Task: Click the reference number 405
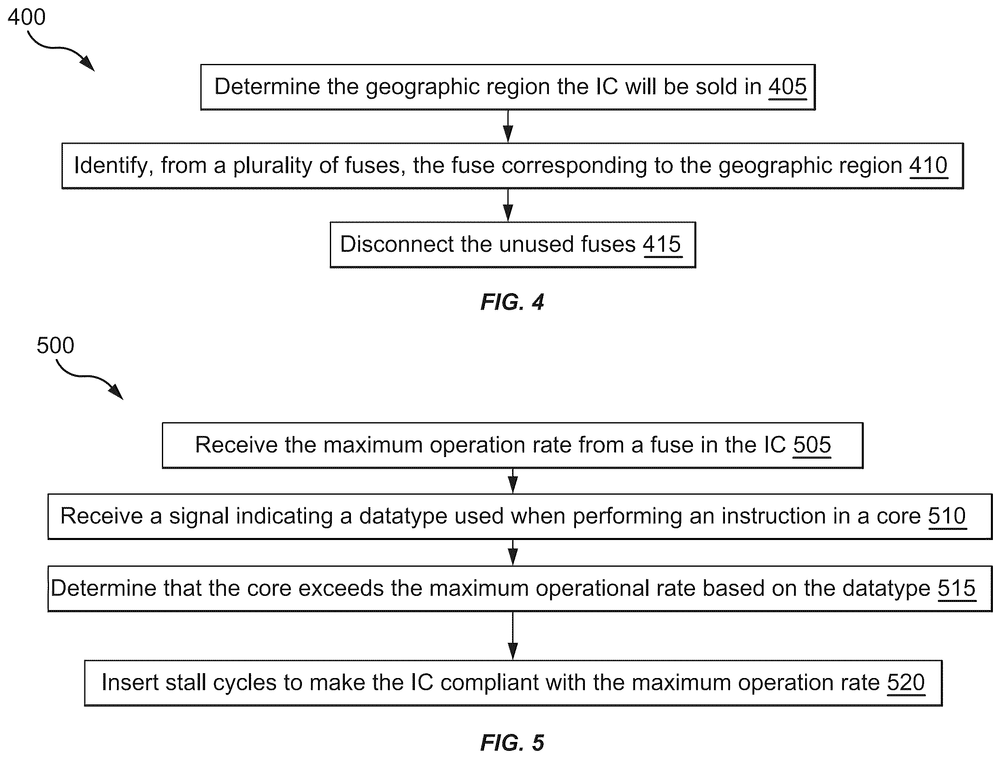(x=787, y=87)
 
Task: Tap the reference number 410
(x=929, y=165)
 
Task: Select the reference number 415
(x=662, y=244)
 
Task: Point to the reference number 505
(x=812, y=445)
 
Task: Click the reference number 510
(x=947, y=516)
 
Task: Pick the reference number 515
(x=956, y=588)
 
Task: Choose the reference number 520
(x=906, y=682)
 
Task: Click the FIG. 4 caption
(x=512, y=302)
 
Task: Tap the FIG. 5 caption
(x=512, y=743)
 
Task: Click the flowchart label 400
(x=27, y=17)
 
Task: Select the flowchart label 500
(x=55, y=345)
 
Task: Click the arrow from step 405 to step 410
(x=508, y=126)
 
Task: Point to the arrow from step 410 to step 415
(x=508, y=205)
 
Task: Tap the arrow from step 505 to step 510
(x=513, y=480)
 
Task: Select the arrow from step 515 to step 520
(x=513, y=636)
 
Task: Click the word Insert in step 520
(x=130, y=682)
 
